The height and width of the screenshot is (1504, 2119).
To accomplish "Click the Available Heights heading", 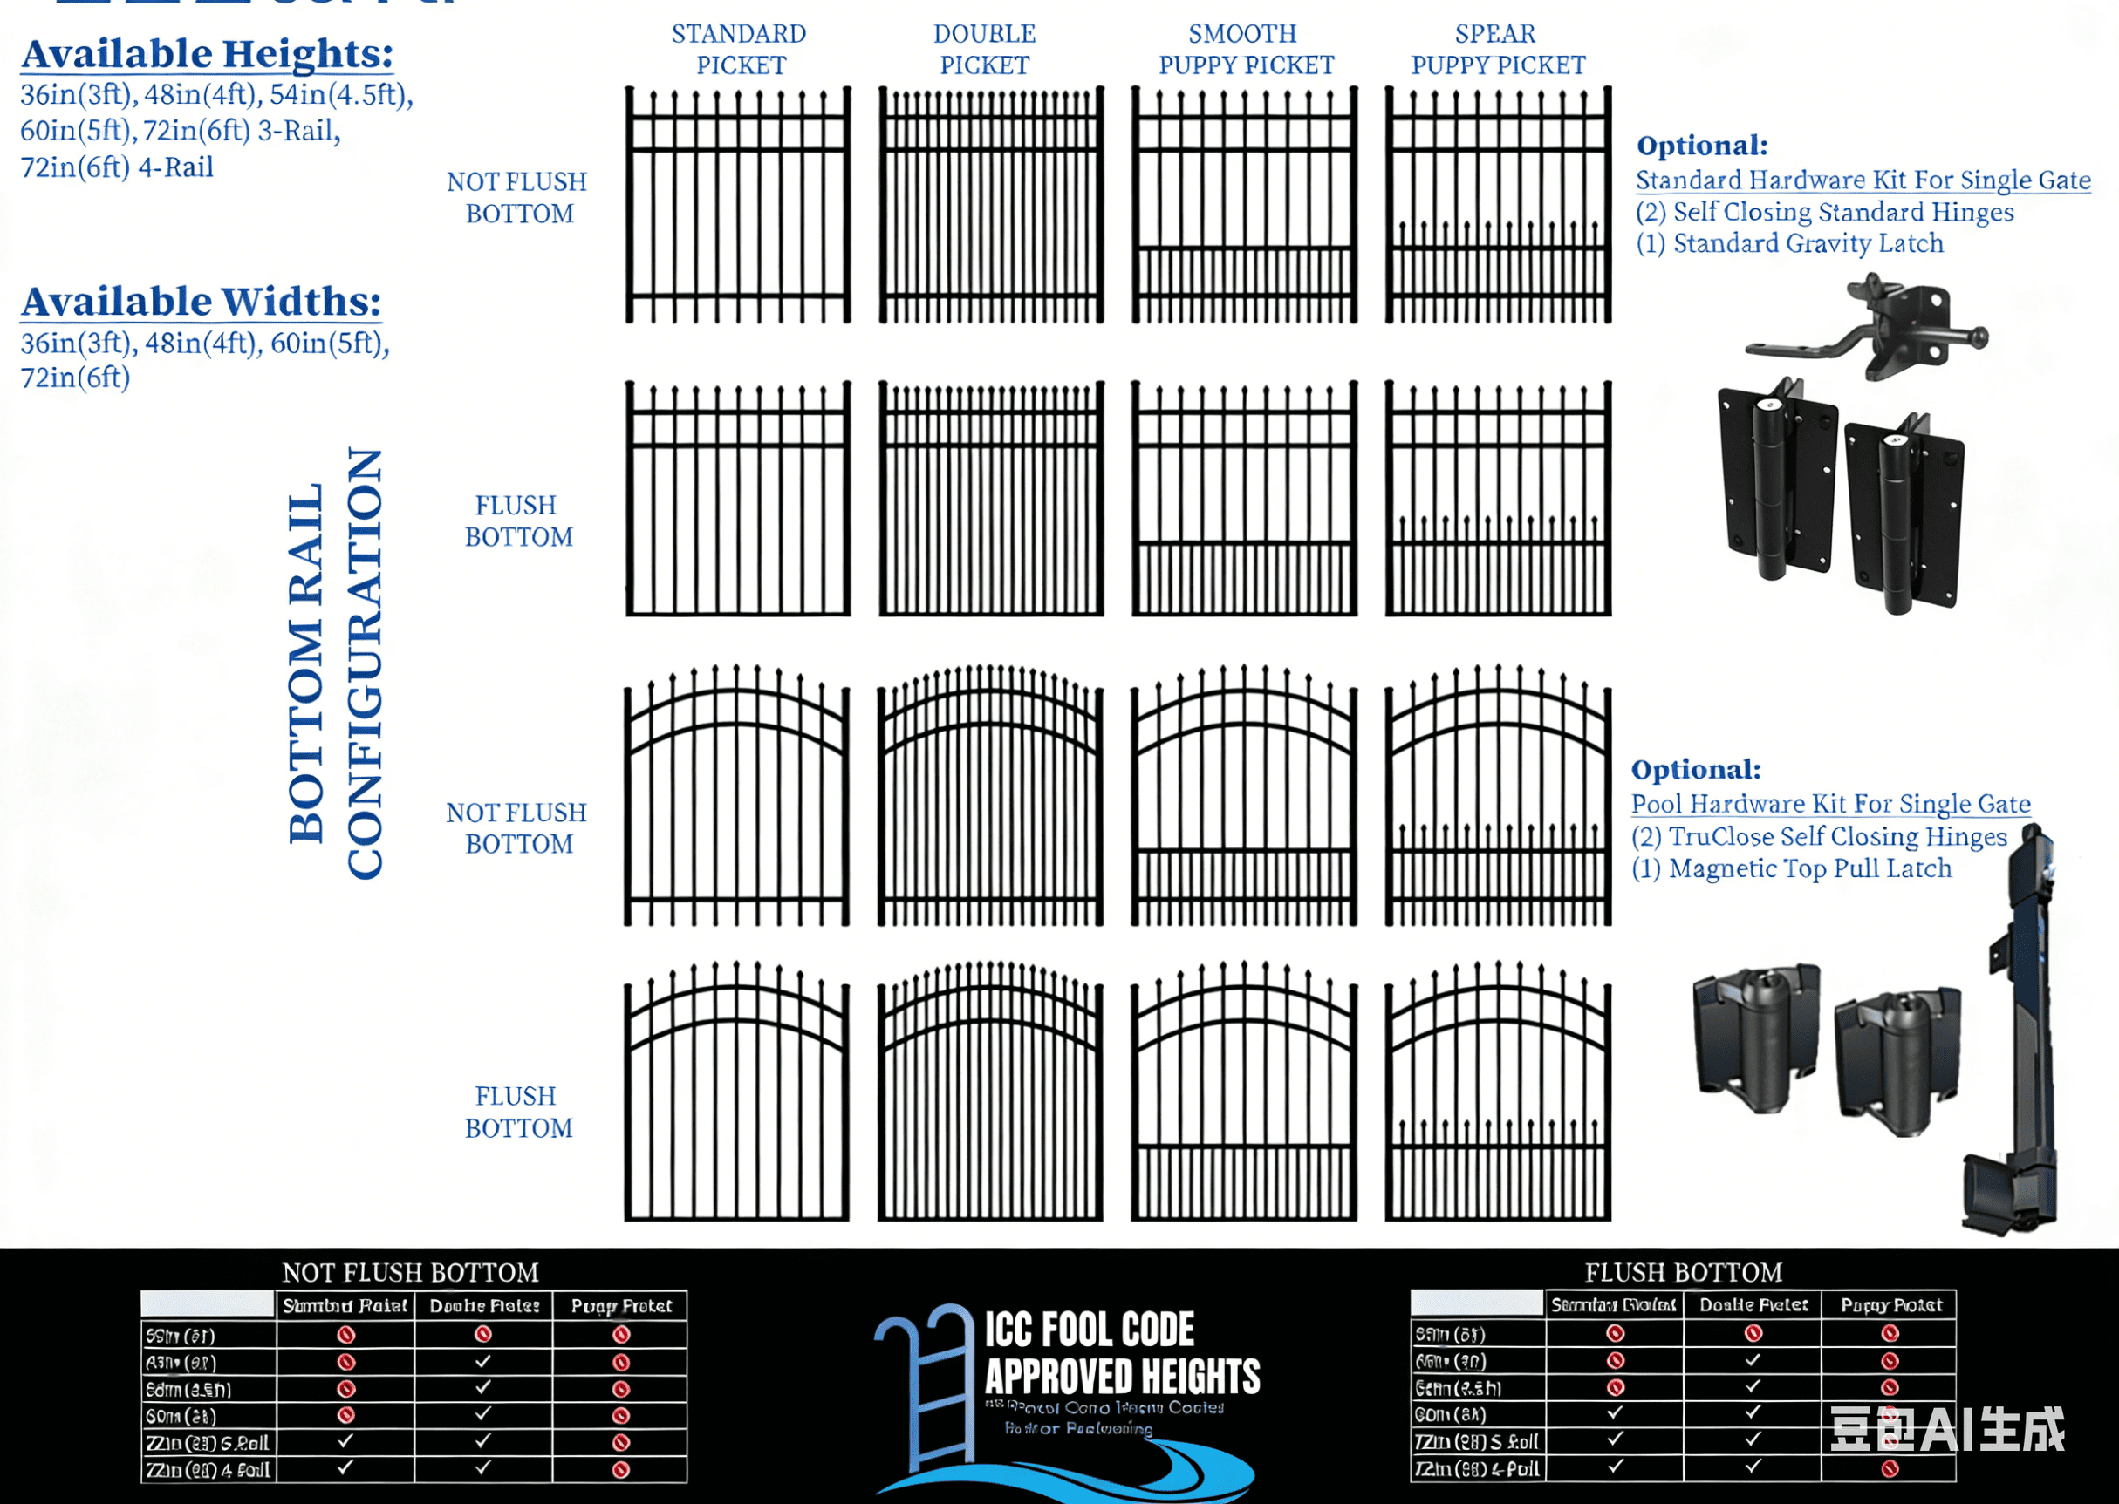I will click(x=208, y=54).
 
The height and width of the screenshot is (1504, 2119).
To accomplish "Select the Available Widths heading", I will click(x=201, y=302).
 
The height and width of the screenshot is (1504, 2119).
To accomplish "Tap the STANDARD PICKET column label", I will click(x=740, y=50).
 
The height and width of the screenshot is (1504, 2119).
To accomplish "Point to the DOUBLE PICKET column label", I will click(x=984, y=50).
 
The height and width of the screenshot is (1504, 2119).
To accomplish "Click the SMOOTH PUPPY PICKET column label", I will click(x=1245, y=50).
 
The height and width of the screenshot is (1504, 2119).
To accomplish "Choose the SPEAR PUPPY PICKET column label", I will click(x=1497, y=50).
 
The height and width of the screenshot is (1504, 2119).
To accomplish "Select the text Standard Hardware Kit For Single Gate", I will click(x=1863, y=180).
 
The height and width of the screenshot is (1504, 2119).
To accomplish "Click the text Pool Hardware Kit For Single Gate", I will click(x=1830, y=804).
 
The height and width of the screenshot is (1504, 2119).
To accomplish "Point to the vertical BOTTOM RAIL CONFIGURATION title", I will click(x=335, y=664).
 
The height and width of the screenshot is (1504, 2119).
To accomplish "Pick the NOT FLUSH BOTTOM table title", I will click(x=411, y=1272).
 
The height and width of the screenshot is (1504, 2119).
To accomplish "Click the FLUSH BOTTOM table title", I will click(x=1683, y=1272).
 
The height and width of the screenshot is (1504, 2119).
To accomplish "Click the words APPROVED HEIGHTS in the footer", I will click(x=1122, y=1376).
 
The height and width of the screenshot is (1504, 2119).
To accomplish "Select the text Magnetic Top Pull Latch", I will click(x=1809, y=868).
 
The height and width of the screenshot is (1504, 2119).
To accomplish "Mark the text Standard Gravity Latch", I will click(x=1808, y=243).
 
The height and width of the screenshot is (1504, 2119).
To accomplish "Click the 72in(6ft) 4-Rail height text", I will click(x=118, y=167).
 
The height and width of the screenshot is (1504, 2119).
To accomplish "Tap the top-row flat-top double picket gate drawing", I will click(x=990, y=206).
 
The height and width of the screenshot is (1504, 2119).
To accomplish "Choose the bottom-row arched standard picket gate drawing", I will click(x=736, y=1092).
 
